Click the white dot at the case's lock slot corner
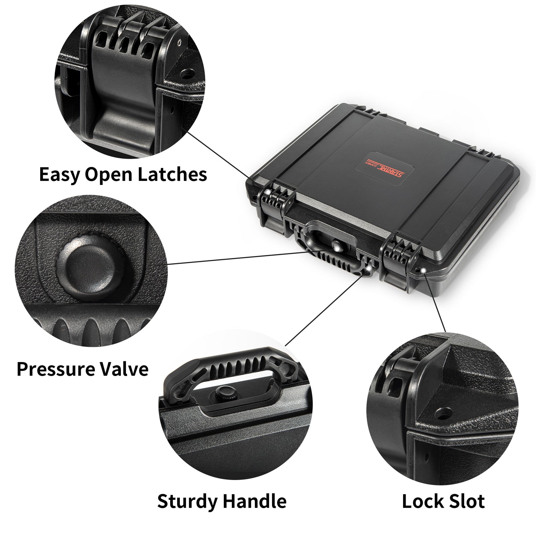pos(423,270)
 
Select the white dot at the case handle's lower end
pos(368,268)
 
